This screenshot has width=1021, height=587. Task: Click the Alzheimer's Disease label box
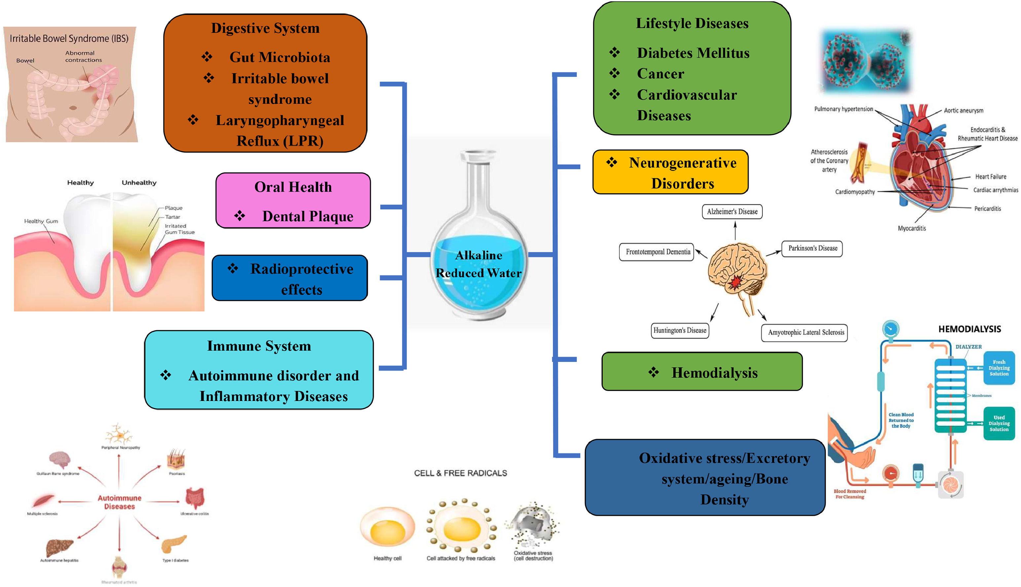click(732, 212)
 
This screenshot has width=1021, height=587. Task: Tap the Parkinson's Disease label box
click(812, 248)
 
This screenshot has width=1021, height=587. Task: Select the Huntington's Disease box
click(680, 331)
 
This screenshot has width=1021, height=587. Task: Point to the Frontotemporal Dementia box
click(657, 252)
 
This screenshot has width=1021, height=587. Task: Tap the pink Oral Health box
click(293, 201)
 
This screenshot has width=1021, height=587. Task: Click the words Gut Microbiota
click(280, 57)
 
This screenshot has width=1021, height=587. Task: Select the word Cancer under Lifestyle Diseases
click(660, 74)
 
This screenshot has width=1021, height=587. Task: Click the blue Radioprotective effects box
click(290, 278)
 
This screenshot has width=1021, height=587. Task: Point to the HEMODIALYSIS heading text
click(969, 329)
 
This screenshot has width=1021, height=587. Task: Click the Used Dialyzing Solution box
click(999, 423)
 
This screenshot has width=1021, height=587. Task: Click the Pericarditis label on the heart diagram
click(987, 209)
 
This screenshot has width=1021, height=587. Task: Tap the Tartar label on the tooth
click(172, 217)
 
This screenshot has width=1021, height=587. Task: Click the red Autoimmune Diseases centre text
click(120, 502)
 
